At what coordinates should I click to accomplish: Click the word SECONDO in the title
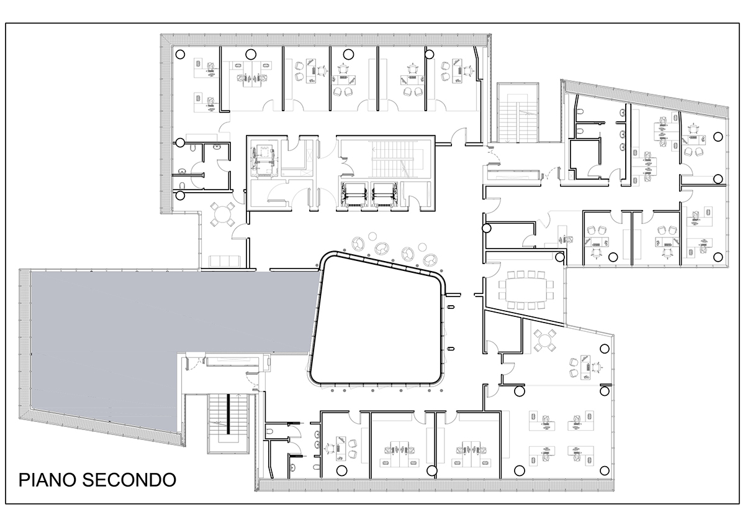tap(129, 480)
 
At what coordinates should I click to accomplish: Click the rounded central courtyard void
tap(377, 319)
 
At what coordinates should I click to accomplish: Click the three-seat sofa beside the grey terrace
tap(225, 262)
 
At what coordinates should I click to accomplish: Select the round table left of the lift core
tap(222, 214)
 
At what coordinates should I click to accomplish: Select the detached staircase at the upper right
tap(518, 113)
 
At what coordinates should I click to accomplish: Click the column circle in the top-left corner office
tap(180, 54)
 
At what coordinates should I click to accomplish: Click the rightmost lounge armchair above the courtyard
tap(430, 259)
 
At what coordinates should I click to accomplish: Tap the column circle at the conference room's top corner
tap(560, 257)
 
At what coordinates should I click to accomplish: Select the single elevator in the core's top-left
tap(264, 159)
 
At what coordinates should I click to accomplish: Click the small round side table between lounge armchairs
tap(372, 236)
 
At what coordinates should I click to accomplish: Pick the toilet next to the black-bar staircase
tap(269, 431)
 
